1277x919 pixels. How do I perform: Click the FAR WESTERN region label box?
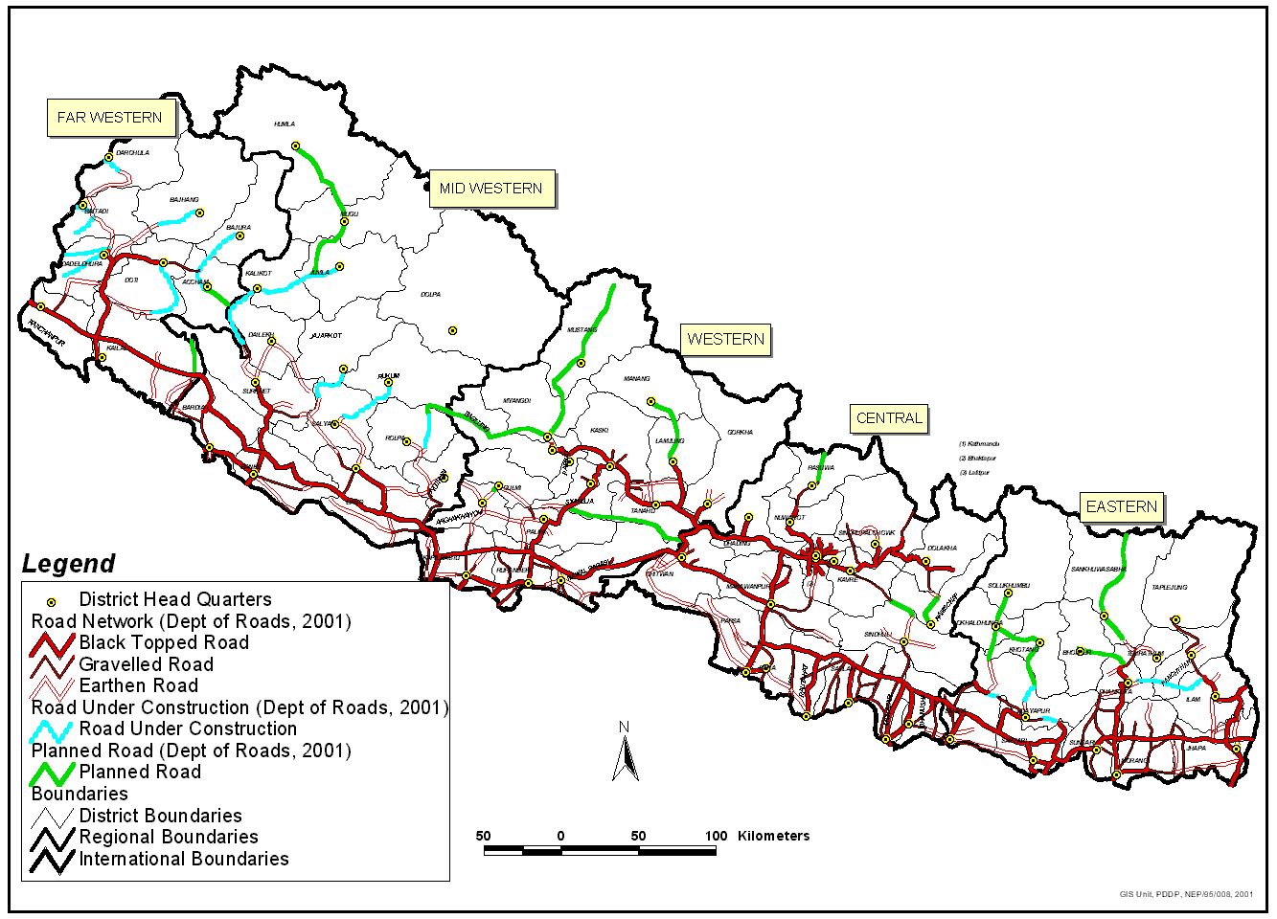[x=110, y=118]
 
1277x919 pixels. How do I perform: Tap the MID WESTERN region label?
[x=490, y=189]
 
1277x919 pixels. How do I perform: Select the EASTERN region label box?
[x=1121, y=506]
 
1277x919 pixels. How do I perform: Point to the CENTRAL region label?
[x=889, y=418]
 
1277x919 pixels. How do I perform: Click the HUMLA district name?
[x=284, y=124]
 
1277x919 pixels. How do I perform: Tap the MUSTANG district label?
[x=581, y=330]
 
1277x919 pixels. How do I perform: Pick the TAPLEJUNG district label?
[x=1169, y=587]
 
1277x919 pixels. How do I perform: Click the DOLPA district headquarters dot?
[x=452, y=330]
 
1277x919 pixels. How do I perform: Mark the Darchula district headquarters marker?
[x=109, y=156]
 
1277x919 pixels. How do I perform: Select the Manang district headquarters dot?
[x=650, y=401]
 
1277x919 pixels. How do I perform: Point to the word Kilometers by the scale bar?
[x=773, y=836]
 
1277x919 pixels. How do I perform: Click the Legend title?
[x=69, y=564]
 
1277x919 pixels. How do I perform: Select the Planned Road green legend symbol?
[x=53, y=772]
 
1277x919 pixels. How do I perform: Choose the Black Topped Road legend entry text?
[x=164, y=642]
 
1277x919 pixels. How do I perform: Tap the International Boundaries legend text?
[x=183, y=859]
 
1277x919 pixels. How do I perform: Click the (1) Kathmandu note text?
[x=978, y=444]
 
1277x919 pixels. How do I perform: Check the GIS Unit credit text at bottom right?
[x=1185, y=893]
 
